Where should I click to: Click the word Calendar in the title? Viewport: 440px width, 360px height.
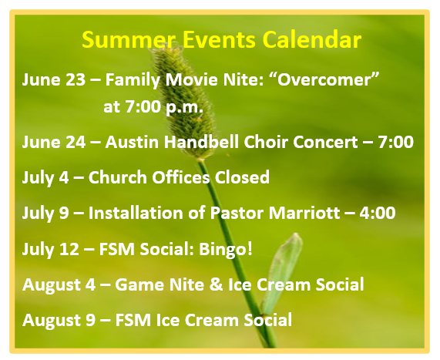pos(312,39)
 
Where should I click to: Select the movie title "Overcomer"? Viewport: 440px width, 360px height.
pos(327,79)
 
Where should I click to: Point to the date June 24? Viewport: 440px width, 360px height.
pos(54,142)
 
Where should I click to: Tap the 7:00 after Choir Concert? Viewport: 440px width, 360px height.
pos(395,142)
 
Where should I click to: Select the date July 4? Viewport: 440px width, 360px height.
pos(45,178)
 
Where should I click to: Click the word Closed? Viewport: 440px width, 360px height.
pos(242,177)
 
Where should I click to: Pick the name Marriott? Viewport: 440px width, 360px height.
pos(304,213)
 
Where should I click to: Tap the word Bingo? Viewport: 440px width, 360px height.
pos(226,249)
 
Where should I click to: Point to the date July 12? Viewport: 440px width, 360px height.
pos(51,250)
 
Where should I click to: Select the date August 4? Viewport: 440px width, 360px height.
pos(59,285)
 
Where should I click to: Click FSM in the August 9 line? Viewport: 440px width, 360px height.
pos(133,320)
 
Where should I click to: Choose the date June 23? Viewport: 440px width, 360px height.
pos(54,79)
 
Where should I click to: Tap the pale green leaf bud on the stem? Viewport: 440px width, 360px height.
pos(281,274)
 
